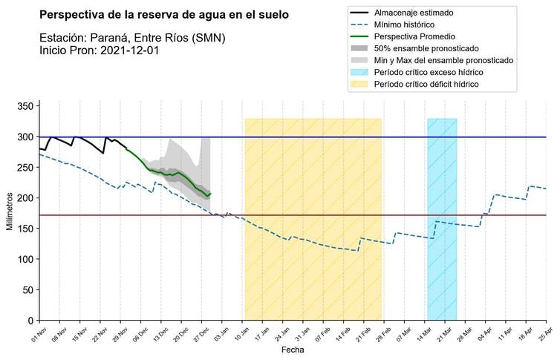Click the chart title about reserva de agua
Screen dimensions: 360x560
tap(164, 15)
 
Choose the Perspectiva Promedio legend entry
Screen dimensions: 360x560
tap(425, 36)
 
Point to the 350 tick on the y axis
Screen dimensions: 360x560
tap(25, 107)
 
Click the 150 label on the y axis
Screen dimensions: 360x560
tap(25, 229)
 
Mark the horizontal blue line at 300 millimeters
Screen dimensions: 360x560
tap(334, 137)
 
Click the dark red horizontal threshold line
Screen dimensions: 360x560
tap(334, 215)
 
